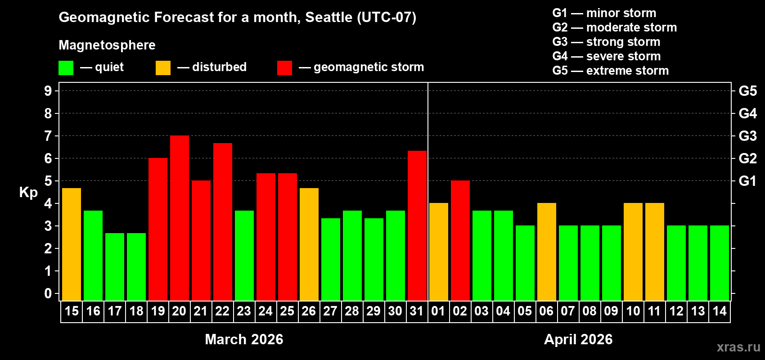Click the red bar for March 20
(180, 218)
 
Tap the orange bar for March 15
(72, 244)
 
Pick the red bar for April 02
(460, 241)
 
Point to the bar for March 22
(223, 222)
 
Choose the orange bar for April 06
(547, 252)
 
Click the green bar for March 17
(115, 267)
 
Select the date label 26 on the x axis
(309, 311)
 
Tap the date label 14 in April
(720, 311)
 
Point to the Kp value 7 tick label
(48, 136)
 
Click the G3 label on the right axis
(747, 136)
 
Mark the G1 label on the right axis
(747, 181)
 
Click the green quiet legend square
(66, 68)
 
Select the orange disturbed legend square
(163, 68)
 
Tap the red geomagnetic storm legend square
(284, 68)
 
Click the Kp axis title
(28, 193)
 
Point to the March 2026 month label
(244, 339)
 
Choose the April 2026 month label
(578, 339)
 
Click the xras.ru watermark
(738, 347)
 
